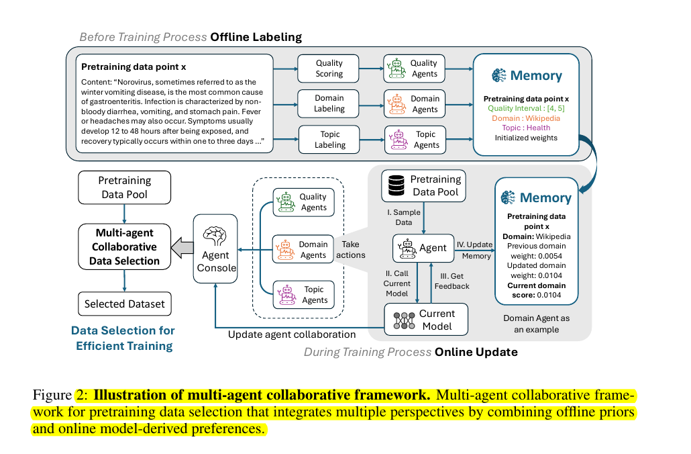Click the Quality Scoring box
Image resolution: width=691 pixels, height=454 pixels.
[x=329, y=69]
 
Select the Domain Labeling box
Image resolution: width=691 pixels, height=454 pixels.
[x=329, y=103]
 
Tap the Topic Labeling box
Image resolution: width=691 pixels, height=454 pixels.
[x=329, y=140]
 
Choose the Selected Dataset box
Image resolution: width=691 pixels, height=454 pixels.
[x=124, y=304]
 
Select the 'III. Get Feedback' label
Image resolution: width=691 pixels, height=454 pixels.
[x=452, y=281]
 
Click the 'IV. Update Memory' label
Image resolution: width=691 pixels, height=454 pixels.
[x=474, y=249]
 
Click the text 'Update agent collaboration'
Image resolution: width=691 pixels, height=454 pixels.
[x=292, y=334]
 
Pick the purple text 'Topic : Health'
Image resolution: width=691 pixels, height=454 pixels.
[x=526, y=128]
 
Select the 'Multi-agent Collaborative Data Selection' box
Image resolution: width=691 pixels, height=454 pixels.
[x=124, y=246]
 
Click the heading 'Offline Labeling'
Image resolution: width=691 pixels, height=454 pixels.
[x=256, y=37]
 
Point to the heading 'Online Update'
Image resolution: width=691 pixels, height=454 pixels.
[x=476, y=351]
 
